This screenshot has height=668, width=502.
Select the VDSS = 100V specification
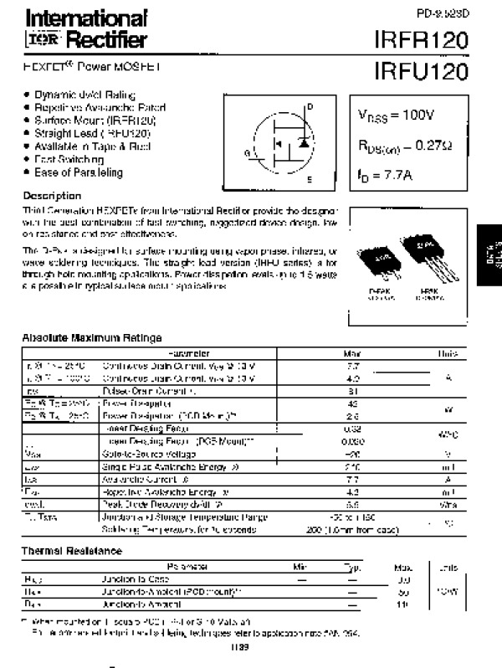point(398,115)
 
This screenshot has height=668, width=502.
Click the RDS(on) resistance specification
point(406,146)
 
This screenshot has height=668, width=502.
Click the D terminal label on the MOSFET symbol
point(309,107)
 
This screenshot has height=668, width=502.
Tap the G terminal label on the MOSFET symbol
point(247,152)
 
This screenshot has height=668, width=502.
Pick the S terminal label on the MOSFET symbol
point(309,179)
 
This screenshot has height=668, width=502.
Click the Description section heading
point(52,195)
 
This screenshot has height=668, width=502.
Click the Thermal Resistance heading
point(72,551)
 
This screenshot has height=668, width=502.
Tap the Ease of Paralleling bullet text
point(79,172)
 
